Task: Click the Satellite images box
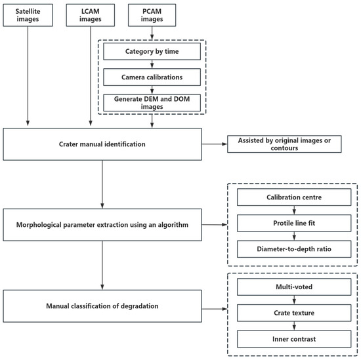(28, 15)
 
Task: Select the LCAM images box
(91, 15)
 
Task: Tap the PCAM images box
(152, 15)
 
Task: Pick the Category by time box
(152, 51)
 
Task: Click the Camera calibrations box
(152, 77)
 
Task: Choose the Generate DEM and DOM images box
(152, 102)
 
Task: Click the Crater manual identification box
(102, 144)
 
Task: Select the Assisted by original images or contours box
(284, 144)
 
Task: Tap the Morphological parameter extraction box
(102, 225)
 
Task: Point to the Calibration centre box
(294, 197)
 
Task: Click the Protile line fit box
(294, 223)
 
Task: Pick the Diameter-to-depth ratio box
(294, 249)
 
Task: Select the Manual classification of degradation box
(102, 306)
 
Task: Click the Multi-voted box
(294, 287)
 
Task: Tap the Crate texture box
(294, 313)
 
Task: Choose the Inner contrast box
(294, 339)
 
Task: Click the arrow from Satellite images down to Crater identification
(28, 76)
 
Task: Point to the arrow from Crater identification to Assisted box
(215, 144)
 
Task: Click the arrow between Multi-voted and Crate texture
(294, 300)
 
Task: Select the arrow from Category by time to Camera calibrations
(152, 64)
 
